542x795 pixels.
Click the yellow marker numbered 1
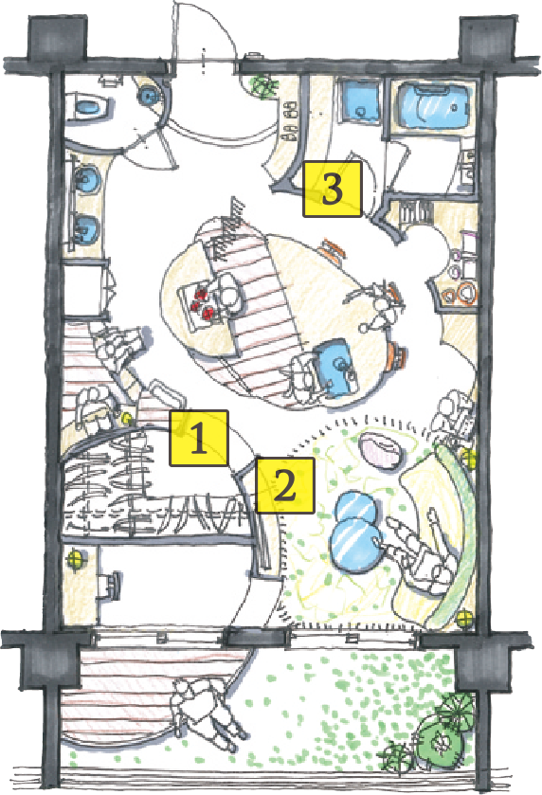pyautogui.click(x=199, y=438)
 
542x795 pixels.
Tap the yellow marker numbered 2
pyautogui.click(x=283, y=486)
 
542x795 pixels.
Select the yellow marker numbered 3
pyautogui.click(x=332, y=189)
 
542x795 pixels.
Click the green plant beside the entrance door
pyautogui.click(x=261, y=86)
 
